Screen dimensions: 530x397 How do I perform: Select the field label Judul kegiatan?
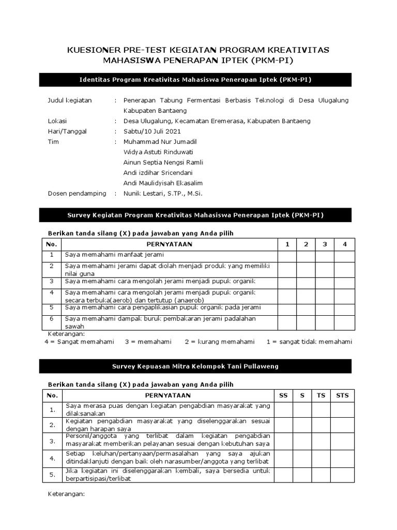(x=69, y=100)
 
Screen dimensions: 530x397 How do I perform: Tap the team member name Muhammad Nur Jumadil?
(x=160, y=142)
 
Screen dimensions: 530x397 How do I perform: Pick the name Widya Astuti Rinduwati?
(x=158, y=152)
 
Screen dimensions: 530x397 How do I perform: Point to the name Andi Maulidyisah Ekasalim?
(x=163, y=183)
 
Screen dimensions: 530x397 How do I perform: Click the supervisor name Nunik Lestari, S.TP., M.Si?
(x=163, y=194)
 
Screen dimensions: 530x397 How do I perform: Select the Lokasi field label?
(x=57, y=121)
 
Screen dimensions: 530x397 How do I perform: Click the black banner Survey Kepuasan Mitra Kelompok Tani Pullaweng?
(x=195, y=366)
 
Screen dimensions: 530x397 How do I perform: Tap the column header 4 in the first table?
(x=344, y=244)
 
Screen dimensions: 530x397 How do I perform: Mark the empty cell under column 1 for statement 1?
(x=287, y=256)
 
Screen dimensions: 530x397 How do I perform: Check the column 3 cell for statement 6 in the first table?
(x=325, y=322)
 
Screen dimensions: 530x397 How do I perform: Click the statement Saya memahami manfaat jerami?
(x=114, y=255)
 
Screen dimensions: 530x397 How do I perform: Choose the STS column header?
(x=342, y=395)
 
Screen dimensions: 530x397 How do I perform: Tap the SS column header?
(x=283, y=395)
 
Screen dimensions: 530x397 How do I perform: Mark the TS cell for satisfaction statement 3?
(x=321, y=441)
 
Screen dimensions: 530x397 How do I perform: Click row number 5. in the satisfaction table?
(x=52, y=475)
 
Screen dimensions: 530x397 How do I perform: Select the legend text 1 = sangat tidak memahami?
(x=309, y=342)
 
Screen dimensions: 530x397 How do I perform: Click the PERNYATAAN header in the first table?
(x=169, y=244)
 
